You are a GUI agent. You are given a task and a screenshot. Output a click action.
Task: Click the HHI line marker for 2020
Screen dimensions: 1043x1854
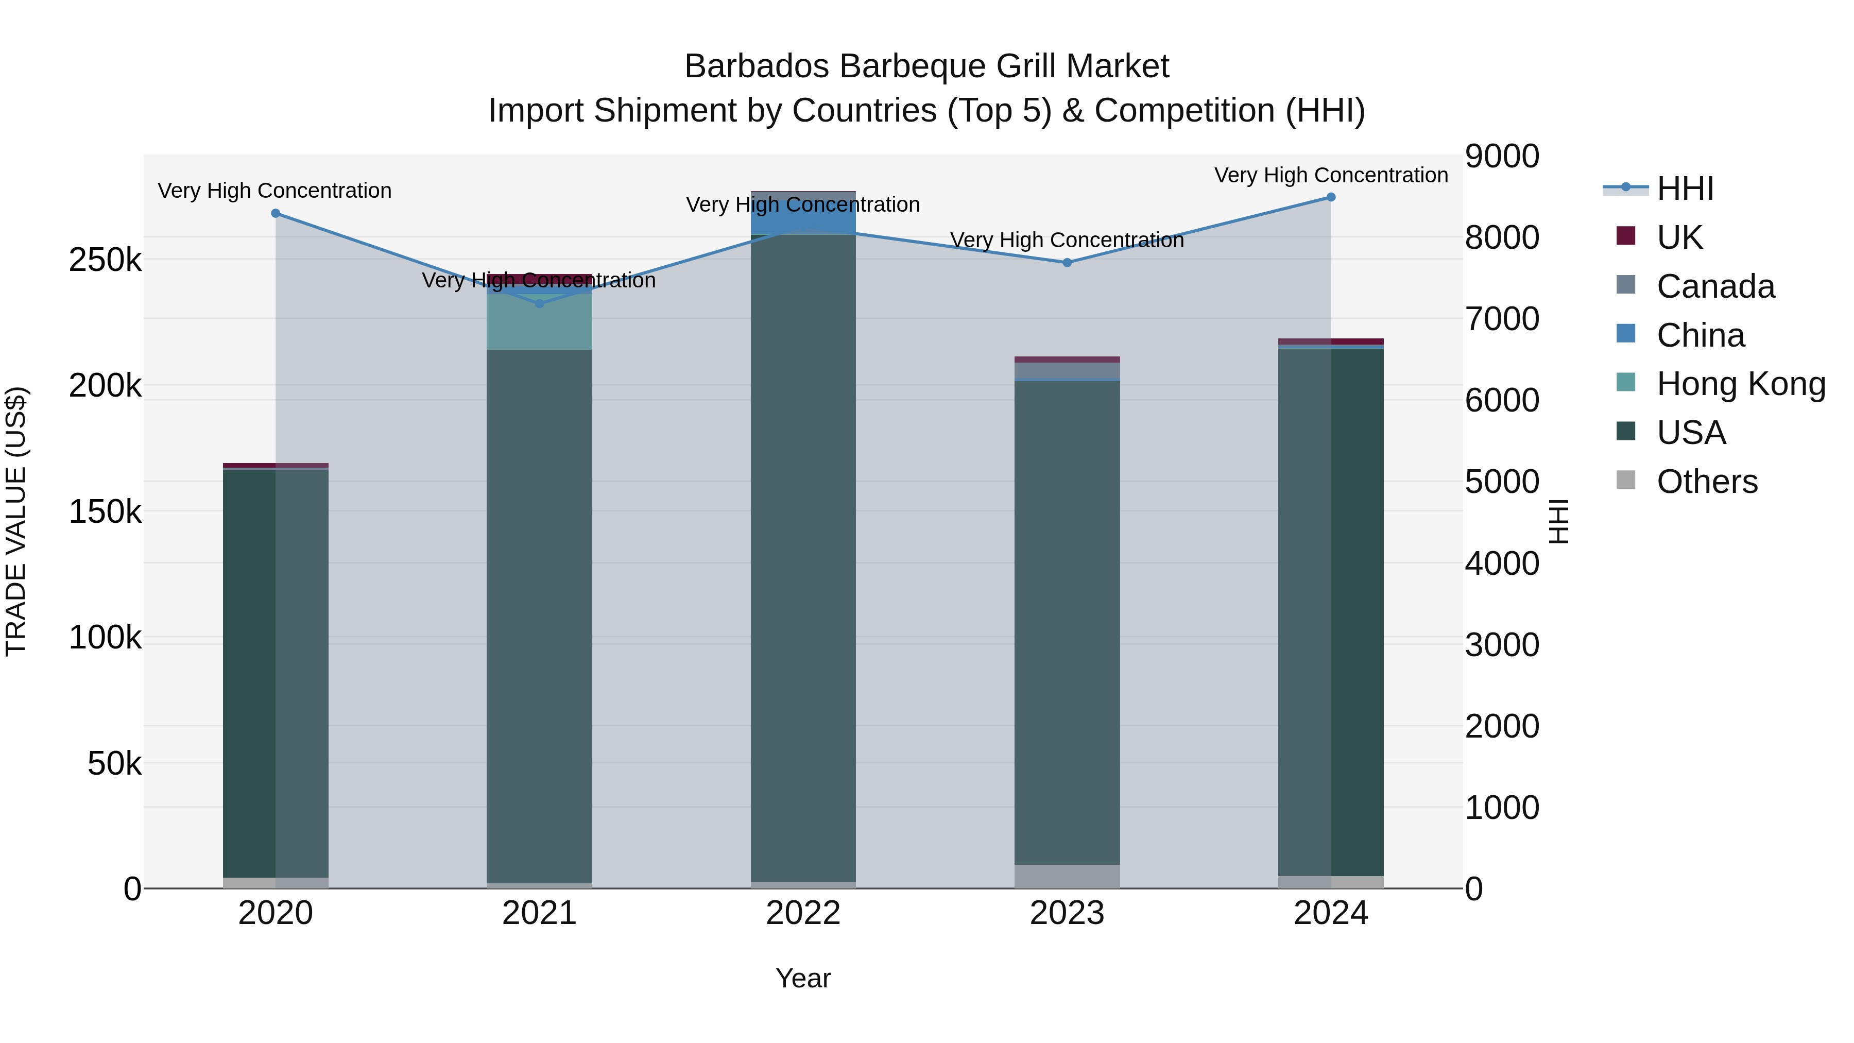(x=276, y=214)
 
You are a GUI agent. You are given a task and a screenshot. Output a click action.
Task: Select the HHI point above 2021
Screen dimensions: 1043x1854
(x=540, y=304)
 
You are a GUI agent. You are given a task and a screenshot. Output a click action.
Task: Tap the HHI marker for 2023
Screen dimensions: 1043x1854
(x=1068, y=263)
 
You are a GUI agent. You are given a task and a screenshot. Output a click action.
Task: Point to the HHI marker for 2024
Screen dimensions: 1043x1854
(x=1331, y=197)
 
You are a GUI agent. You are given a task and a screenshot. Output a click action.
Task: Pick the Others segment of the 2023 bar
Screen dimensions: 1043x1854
(x=1068, y=876)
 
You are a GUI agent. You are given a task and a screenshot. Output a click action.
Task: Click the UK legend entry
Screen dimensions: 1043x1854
(x=1679, y=237)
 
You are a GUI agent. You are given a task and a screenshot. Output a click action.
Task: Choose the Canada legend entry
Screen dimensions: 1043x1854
(x=1715, y=286)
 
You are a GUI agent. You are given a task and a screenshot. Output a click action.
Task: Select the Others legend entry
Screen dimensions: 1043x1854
(x=1707, y=482)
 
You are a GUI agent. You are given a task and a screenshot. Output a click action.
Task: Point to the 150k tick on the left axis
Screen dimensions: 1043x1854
(x=105, y=512)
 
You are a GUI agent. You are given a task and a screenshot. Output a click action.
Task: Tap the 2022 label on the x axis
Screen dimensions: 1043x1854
(x=803, y=913)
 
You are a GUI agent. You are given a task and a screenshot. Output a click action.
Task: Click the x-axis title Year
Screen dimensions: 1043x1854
(x=803, y=978)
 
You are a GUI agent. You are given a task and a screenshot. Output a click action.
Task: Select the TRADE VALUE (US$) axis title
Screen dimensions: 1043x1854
(x=16, y=521)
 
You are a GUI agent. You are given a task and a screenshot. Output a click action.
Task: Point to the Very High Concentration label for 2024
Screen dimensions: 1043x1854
(x=1331, y=175)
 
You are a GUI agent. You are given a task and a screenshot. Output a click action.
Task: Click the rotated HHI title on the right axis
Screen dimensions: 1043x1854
(x=1559, y=521)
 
